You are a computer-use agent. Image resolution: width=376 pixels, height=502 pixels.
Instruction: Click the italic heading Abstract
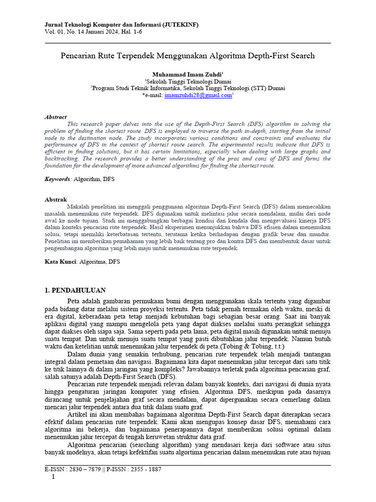(x=55, y=117)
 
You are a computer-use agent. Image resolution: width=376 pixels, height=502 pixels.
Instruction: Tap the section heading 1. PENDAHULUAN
(x=75, y=290)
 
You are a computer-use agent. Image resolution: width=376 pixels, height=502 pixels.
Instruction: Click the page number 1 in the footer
(x=53, y=477)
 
